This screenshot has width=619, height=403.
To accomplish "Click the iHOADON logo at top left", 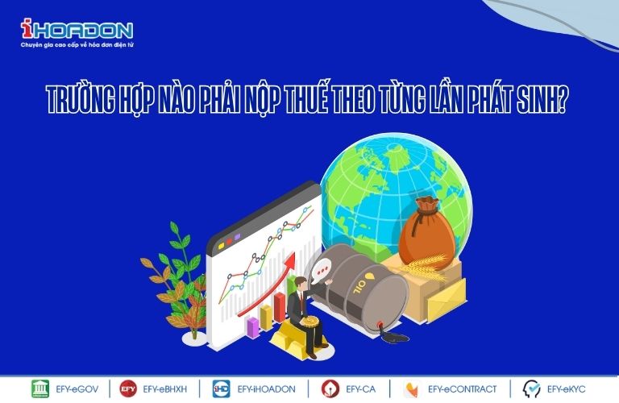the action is click(77, 33).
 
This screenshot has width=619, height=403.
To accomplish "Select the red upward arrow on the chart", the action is click(267, 285).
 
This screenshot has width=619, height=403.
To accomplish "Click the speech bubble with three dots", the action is click(322, 271).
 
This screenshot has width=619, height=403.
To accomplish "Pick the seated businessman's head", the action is click(301, 284).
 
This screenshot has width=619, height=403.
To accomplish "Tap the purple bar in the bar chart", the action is click(252, 327).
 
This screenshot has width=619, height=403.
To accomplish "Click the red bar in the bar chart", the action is click(280, 307).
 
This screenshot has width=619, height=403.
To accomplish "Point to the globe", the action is click(396, 196).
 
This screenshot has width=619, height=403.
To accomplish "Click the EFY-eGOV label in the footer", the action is click(77, 389).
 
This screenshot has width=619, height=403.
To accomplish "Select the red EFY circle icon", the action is click(128, 388).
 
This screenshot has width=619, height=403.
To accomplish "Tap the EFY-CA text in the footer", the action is click(360, 389).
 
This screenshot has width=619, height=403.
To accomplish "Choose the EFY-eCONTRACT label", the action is click(463, 389).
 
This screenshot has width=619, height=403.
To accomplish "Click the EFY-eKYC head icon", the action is click(531, 388).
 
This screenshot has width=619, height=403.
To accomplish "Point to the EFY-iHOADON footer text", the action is click(266, 389).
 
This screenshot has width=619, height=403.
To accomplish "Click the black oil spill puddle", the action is click(394, 338).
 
